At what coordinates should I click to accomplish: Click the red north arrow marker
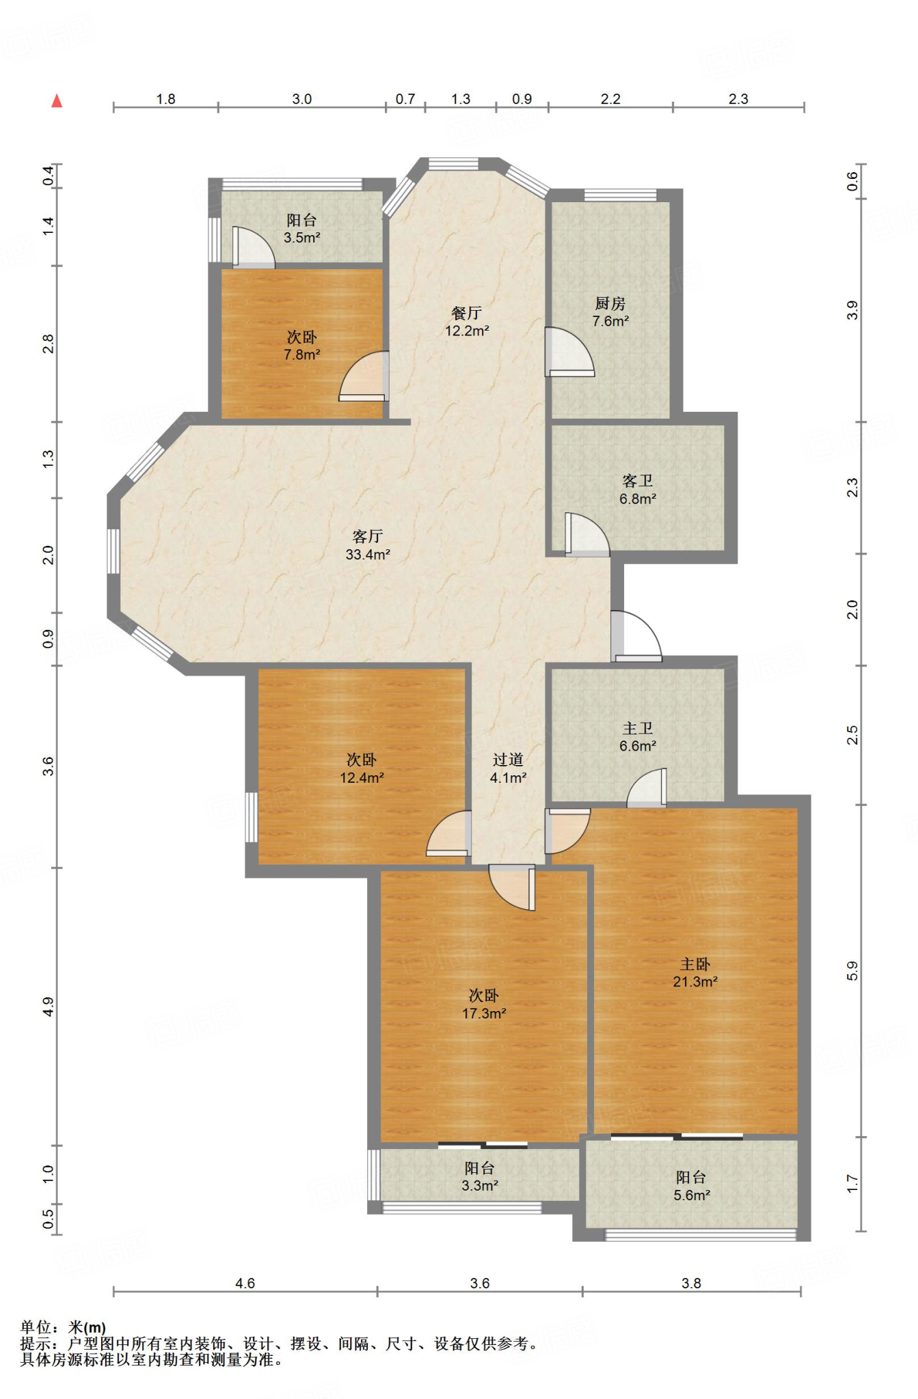57,101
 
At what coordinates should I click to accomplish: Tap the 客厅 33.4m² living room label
368,545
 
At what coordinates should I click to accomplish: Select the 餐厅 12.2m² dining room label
467,322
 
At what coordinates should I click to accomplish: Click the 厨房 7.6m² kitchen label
610,312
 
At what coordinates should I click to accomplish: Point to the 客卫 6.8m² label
638,490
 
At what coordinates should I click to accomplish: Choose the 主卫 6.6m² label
638,737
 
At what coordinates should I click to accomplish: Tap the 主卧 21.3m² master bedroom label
695,973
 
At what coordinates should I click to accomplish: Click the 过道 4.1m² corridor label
508,768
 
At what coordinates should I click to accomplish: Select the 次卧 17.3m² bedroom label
484,1004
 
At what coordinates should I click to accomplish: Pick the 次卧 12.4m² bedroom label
362,768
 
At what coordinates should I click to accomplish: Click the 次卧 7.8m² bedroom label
302,346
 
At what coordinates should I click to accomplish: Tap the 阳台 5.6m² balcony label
692,1186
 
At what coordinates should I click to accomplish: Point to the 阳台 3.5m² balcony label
302,229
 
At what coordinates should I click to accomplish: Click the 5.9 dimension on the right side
852,970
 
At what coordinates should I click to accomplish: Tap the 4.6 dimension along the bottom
245,1284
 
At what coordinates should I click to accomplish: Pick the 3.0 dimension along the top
302,99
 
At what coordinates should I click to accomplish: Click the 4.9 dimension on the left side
48,1006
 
